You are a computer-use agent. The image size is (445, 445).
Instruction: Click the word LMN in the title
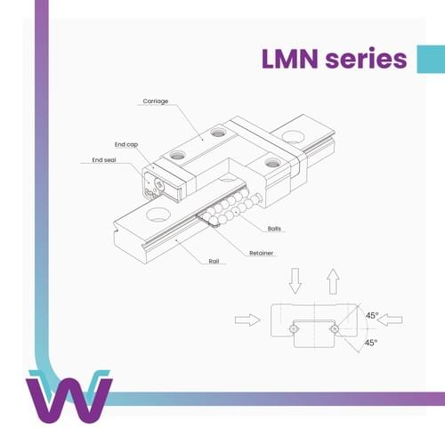[x=290, y=59]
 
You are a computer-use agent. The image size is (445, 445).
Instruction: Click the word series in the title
[x=366, y=58]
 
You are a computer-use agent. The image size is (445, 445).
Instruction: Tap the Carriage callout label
[x=156, y=101]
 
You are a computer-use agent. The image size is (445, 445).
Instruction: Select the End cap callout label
[x=126, y=144]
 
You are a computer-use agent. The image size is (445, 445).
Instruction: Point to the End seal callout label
[x=104, y=160]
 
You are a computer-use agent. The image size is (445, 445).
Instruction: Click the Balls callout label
[x=274, y=229]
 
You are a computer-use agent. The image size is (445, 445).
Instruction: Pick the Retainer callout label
[x=261, y=253]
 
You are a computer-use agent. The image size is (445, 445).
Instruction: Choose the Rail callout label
[x=214, y=262]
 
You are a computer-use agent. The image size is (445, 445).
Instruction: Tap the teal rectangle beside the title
[x=431, y=59]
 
